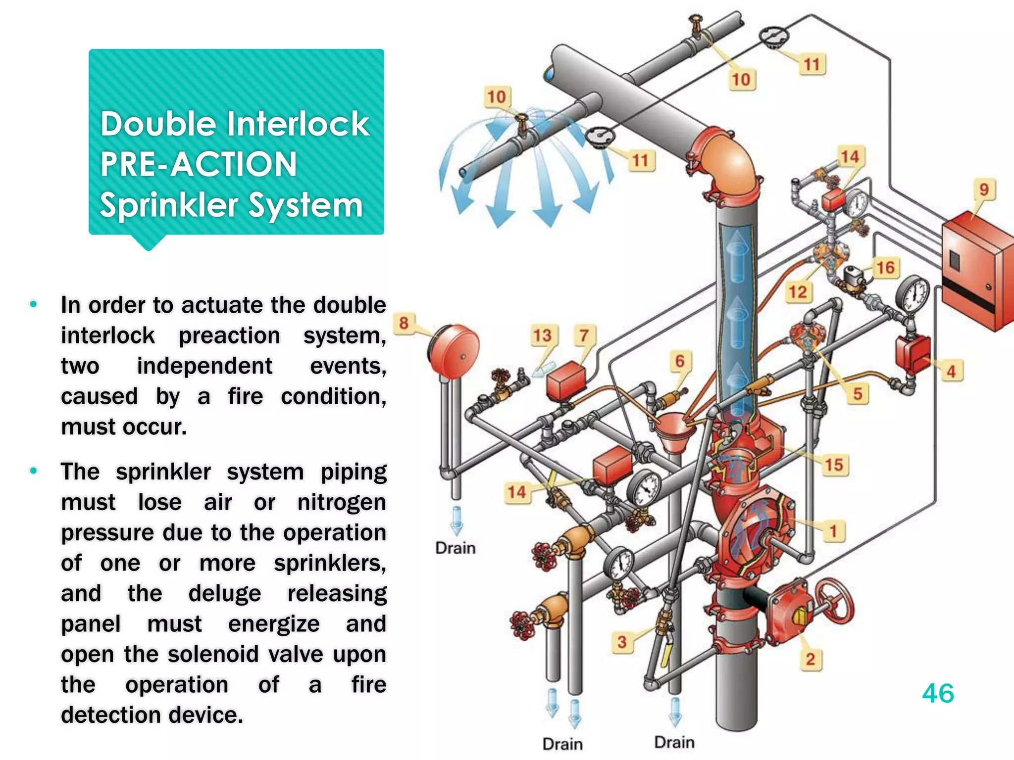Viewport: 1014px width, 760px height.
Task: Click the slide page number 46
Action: (x=938, y=693)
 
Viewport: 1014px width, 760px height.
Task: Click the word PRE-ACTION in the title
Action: (x=199, y=164)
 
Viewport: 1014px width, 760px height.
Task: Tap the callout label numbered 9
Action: (x=984, y=190)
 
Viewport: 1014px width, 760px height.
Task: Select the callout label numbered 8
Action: (x=404, y=323)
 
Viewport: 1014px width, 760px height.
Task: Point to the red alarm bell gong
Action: (x=454, y=350)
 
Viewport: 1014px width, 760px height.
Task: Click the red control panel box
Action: (x=975, y=277)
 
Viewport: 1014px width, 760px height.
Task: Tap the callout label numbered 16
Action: (x=885, y=268)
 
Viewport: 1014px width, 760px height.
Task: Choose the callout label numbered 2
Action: (x=810, y=659)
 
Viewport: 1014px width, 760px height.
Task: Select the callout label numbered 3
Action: (x=622, y=642)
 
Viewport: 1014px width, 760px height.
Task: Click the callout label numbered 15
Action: (x=834, y=465)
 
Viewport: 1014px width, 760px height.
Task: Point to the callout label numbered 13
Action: (x=542, y=335)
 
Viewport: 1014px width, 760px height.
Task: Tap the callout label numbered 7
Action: (x=584, y=335)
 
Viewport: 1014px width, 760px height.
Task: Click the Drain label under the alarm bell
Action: (x=455, y=548)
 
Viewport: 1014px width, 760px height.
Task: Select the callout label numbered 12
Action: (x=798, y=292)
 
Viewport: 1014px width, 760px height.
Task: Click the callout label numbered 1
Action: (x=833, y=531)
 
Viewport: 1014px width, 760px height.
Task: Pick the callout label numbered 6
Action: (x=680, y=361)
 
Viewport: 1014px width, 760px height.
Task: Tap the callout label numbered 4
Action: (x=951, y=371)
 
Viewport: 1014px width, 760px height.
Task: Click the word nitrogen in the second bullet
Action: (x=342, y=502)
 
